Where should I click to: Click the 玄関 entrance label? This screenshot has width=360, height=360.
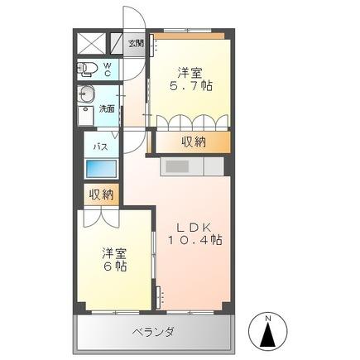(x=135, y=43)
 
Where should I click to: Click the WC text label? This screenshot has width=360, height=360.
(x=108, y=68)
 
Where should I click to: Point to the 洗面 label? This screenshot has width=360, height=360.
(x=108, y=108)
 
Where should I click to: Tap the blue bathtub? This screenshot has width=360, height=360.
(x=102, y=169)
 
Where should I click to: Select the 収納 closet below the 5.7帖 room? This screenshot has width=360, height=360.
(x=194, y=142)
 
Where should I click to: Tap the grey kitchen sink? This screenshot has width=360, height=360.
(x=177, y=166)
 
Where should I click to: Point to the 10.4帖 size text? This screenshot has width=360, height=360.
(x=196, y=239)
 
